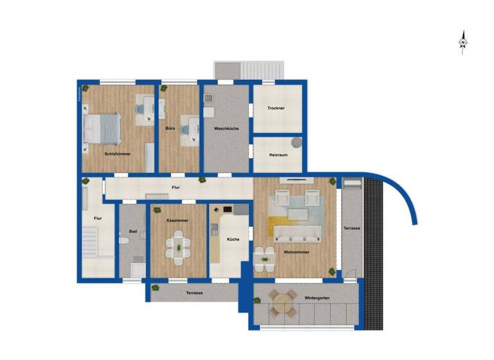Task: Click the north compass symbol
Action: tap(462, 42)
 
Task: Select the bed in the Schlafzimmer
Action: tap(102, 128)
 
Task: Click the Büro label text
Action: tap(170, 129)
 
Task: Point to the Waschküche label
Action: tap(226, 129)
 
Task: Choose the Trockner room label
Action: tap(276, 108)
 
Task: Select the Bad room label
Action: tap(133, 231)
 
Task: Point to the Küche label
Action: tap(232, 239)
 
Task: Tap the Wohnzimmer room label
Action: tap(297, 252)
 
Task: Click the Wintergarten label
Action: tap(313, 298)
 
